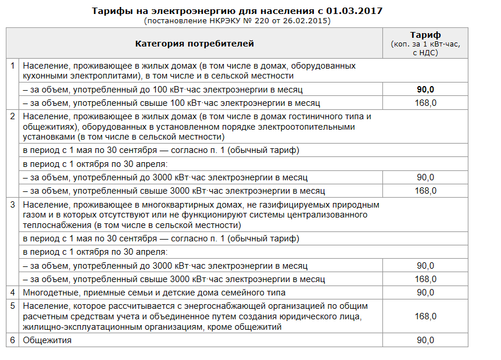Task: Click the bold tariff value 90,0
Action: (425, 89)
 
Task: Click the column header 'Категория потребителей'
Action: (194, 44)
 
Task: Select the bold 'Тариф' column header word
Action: (425, 35)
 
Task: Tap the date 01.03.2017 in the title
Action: (356, 11)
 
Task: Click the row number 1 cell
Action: (13, 65)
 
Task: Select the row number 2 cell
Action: (13, 115)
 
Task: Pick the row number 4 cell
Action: (13, 292)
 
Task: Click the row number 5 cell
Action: (13, 305)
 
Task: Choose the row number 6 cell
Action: (13, 340)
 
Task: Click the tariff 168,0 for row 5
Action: (425, 316)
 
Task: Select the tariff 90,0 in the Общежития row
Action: (425, 340)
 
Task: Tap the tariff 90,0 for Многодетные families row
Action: (425, 292)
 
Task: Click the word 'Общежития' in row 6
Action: (47, 340)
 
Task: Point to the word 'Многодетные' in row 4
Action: (51, 292)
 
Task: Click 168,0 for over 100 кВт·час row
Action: (425, 103)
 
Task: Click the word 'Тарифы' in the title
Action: (110, 11)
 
